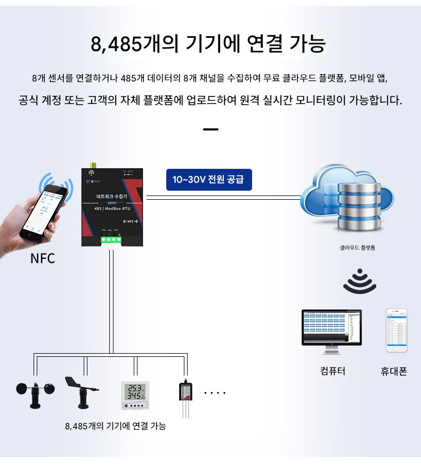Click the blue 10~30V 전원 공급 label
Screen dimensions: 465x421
coord(208,180)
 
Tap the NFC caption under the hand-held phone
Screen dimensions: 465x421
coord(43,259)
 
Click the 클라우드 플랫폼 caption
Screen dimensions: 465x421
coord(358,248)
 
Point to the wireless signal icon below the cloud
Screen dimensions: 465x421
coord(360,281)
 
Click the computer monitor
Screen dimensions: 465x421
coord(331,330)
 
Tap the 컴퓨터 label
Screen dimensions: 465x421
coord(333,371)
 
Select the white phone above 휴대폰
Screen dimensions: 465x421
coord(396,330)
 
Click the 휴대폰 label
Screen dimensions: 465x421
coord(394,372)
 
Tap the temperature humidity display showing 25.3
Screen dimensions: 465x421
coord(135,395)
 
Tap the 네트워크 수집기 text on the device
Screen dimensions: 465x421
coord(111,197)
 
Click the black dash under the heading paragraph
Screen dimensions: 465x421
coord(211,129)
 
